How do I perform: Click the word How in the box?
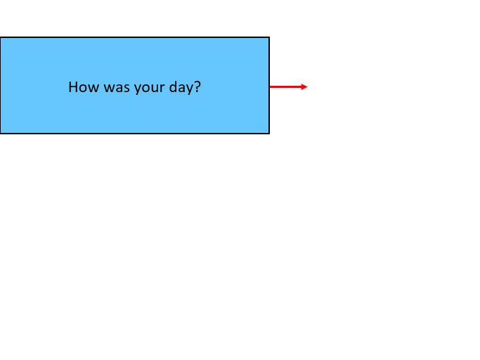(x=84, y=87)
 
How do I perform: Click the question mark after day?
(x=197, y=87)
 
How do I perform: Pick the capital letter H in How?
(x=73, y=87)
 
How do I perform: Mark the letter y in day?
(x=190, y=89)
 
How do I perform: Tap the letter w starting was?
(x=109, y=88)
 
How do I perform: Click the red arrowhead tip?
(x=307, y=86)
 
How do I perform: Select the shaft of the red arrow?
(x=285, y=86)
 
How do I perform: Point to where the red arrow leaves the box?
(x=270, y=86)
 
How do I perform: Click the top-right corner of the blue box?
(x=269, y=37)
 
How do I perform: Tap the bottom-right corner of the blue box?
(x=269, y=134)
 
